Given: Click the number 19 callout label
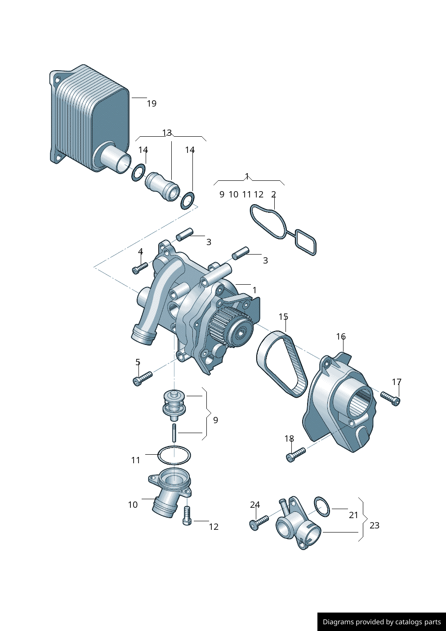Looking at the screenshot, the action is coord(152,103).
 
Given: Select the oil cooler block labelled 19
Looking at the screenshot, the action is coord(89,118).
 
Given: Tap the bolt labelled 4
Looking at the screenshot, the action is coord(140,268).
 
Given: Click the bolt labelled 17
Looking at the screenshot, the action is coord(390,398).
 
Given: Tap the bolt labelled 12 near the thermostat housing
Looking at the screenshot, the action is coord(187,515).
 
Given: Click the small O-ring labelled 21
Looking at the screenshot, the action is coord(322,507).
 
